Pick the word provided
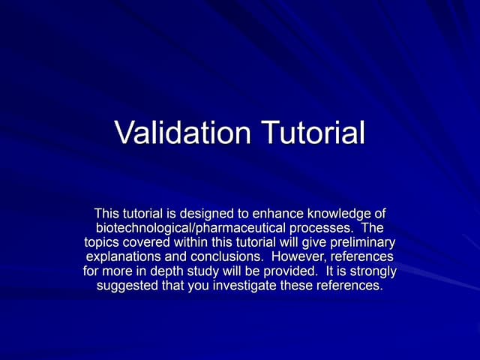pos(287,271)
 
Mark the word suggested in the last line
pos(127,285)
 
